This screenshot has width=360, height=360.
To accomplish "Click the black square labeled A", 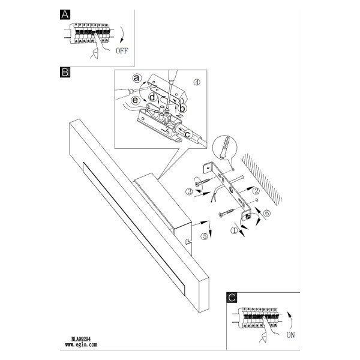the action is click(x=65, y=14).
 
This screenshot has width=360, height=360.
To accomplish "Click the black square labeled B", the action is click(x=65, y=72).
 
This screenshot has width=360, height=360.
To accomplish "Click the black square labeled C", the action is click(x=232, y=298).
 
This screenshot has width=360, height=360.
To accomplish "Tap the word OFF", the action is click(x=122, y=50).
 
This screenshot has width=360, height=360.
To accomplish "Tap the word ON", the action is click(x=290, y=335).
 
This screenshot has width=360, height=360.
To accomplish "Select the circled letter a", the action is click(x=137, y=78).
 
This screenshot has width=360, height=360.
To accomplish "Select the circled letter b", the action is click(x=182, y=108).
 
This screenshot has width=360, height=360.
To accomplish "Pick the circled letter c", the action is click(x=187, y=134).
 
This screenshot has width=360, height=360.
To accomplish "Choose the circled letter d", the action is click(x=152, y=97).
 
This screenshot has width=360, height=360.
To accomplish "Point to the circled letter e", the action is click(x=135, y=100).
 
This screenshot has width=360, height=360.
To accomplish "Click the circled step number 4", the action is click(x=197, y=82).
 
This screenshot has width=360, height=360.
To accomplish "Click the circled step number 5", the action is click(x=204, y=236).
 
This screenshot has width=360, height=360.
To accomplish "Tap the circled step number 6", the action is click(x=267, y=213).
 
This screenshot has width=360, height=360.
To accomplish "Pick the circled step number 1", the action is click(x=235, y=230).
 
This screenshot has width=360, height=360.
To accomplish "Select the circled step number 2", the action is click(x=256, y=191).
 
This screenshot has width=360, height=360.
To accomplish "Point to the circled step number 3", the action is click(x=189, y=191).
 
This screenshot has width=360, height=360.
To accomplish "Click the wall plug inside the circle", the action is click(x=224, y=147).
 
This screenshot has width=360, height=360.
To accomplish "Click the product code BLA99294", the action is click(x=81, y=339).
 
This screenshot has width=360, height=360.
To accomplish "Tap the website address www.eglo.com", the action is click(x=81, y=344).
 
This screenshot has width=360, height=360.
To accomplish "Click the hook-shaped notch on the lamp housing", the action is click(x=188, y=241).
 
